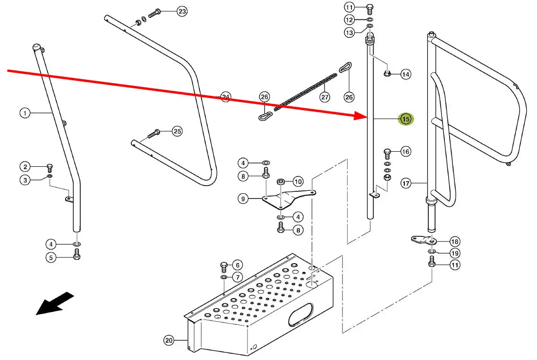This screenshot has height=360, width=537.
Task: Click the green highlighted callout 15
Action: click(406, 120)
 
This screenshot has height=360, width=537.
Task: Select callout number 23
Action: click(182, 11)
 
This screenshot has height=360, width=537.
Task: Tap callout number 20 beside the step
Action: click(169, 340)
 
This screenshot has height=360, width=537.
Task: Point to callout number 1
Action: click(25, 113)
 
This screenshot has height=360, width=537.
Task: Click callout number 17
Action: click(406, 183)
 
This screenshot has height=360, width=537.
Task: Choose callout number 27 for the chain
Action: click(324, 98)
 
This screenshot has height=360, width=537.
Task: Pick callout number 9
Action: click(243, 199)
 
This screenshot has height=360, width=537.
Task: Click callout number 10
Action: click(298, 181)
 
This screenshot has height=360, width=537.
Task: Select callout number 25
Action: click(177, 131)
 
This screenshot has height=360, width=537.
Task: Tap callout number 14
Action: click(406, 74)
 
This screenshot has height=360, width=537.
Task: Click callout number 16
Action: click(406, 152)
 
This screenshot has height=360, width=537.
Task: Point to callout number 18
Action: click(454, 241)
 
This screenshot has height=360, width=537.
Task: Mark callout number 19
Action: click(454, 253)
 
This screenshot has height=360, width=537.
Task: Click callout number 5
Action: click(51, 257)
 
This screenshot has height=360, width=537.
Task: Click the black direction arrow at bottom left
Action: click(55, 304)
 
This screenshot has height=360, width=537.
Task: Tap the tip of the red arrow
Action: click(366, 115)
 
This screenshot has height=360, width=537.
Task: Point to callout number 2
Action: click(25, 166)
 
